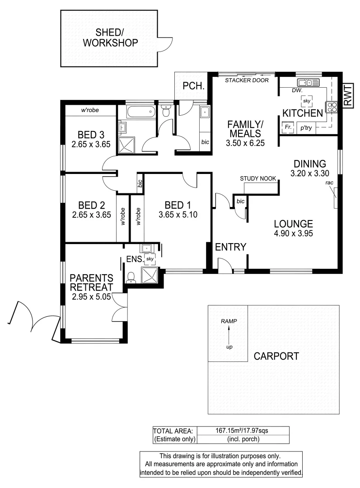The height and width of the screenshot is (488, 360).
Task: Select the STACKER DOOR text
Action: tap(247, 80)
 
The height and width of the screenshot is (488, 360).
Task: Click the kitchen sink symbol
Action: tap(308, 82)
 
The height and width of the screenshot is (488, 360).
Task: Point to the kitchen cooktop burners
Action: tap(332, 107)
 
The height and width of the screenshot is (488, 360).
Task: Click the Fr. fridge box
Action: tap(287, 128)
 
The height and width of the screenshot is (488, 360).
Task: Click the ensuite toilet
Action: tap(131, 276)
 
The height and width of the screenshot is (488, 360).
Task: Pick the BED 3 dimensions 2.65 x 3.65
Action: tap(91, 145)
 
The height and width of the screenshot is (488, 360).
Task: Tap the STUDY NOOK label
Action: tap(258, 178)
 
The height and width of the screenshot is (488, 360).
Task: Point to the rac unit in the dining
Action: tap(335, 197)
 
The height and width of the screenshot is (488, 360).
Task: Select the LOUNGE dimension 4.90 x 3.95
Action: tap(293, 234)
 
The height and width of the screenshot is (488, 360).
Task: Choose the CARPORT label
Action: tap(276, 356)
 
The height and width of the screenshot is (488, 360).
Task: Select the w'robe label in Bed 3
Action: tap(90, 110)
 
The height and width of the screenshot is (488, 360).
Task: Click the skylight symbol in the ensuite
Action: tap(150, 258)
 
